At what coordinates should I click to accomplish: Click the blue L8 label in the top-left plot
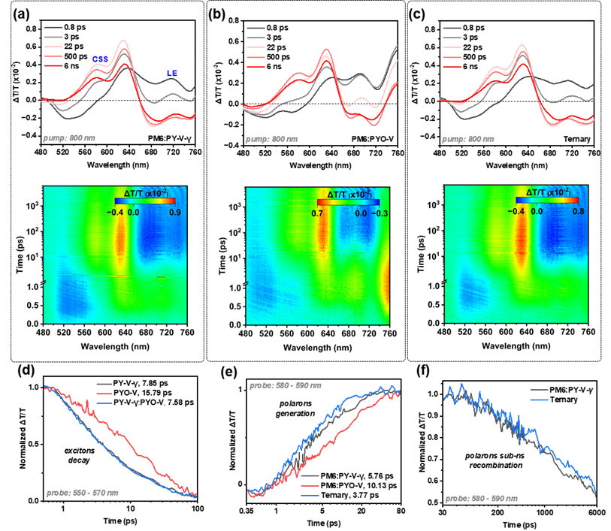tap(172, 74)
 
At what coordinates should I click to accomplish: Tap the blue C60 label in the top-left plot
tap(100, 59)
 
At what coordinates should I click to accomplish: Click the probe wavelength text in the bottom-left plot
tap(82, 493)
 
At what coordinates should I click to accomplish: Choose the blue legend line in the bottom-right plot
tap(539, 400)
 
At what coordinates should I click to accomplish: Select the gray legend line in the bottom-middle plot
tap(310, 476)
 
